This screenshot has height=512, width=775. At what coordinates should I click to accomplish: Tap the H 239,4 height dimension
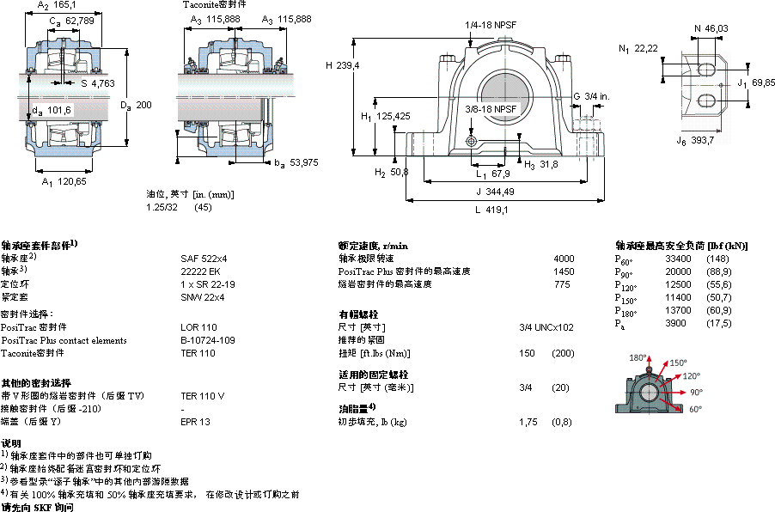[x=341, y=64]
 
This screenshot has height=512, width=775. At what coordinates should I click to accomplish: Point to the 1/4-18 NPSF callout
[x=491, y=25]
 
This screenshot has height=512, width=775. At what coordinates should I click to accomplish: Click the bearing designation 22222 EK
[x=199, y=271]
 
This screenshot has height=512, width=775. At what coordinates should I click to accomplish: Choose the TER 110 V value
[x=202, y=396]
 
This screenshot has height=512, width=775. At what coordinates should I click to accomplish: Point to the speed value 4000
[x=564, y=258]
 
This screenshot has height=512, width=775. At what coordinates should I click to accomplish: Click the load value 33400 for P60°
[x=679, y=258]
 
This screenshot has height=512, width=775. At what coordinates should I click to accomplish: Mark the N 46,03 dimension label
[x=711, y=28]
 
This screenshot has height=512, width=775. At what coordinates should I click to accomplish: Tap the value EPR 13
[x=195, y=422]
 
